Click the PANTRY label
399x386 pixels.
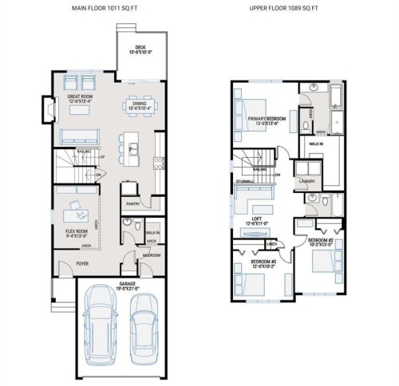click(x=133, y=203)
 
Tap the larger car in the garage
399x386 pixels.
click(x=103, y=323)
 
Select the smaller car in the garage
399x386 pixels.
click(x=144, y=325)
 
